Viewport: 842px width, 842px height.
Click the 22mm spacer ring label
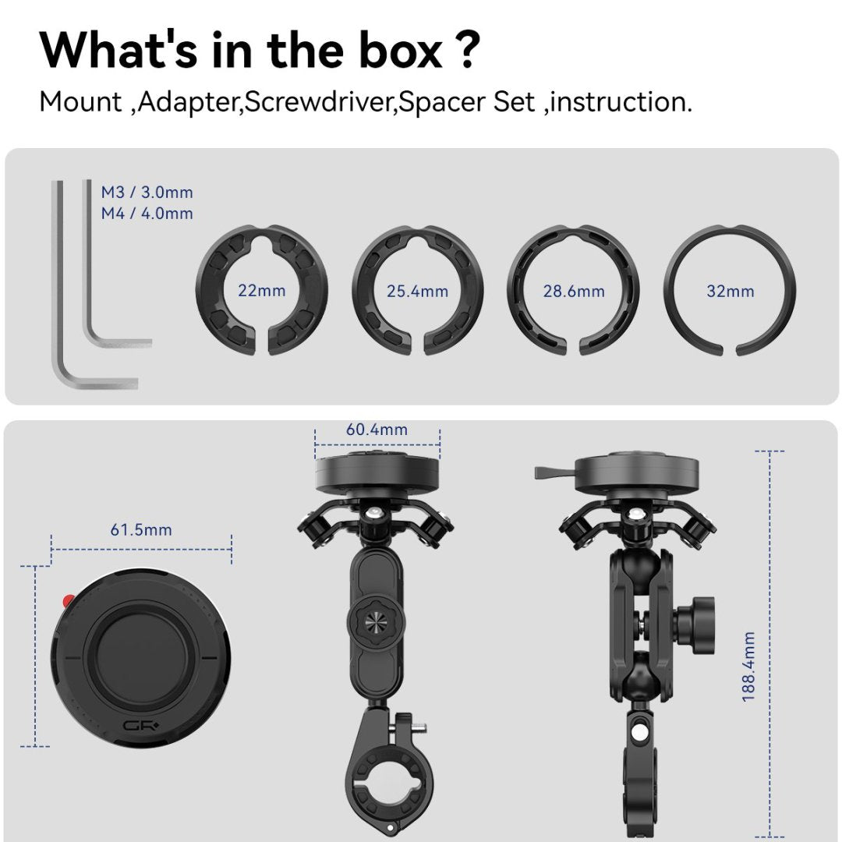point(262,291)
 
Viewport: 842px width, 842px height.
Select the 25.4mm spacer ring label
point(417,291)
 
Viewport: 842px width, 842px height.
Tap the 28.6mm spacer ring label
point(574,291)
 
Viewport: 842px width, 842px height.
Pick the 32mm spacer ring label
point(730,291)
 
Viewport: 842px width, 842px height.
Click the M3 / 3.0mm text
point(147,192)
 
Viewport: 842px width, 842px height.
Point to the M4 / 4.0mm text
point(147,213)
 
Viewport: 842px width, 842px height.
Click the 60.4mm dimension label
point(377,430)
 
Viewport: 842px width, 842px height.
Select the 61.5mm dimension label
point(141,530)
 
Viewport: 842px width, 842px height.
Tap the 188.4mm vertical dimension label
point(749,666)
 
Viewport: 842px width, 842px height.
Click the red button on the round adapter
point(68,601)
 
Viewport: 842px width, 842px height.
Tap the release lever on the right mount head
point(554,472)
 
